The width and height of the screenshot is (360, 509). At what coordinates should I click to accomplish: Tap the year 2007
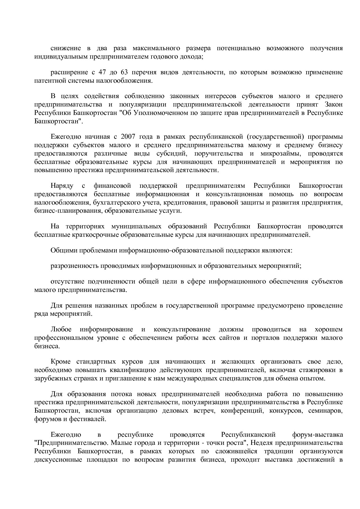[128, 137]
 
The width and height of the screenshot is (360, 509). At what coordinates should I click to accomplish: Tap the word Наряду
[62, 186]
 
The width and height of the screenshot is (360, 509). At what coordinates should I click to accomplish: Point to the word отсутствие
[67, 281]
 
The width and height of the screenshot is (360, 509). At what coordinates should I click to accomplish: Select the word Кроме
[60, 362]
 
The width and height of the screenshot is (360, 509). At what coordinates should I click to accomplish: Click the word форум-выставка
[317, 435]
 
